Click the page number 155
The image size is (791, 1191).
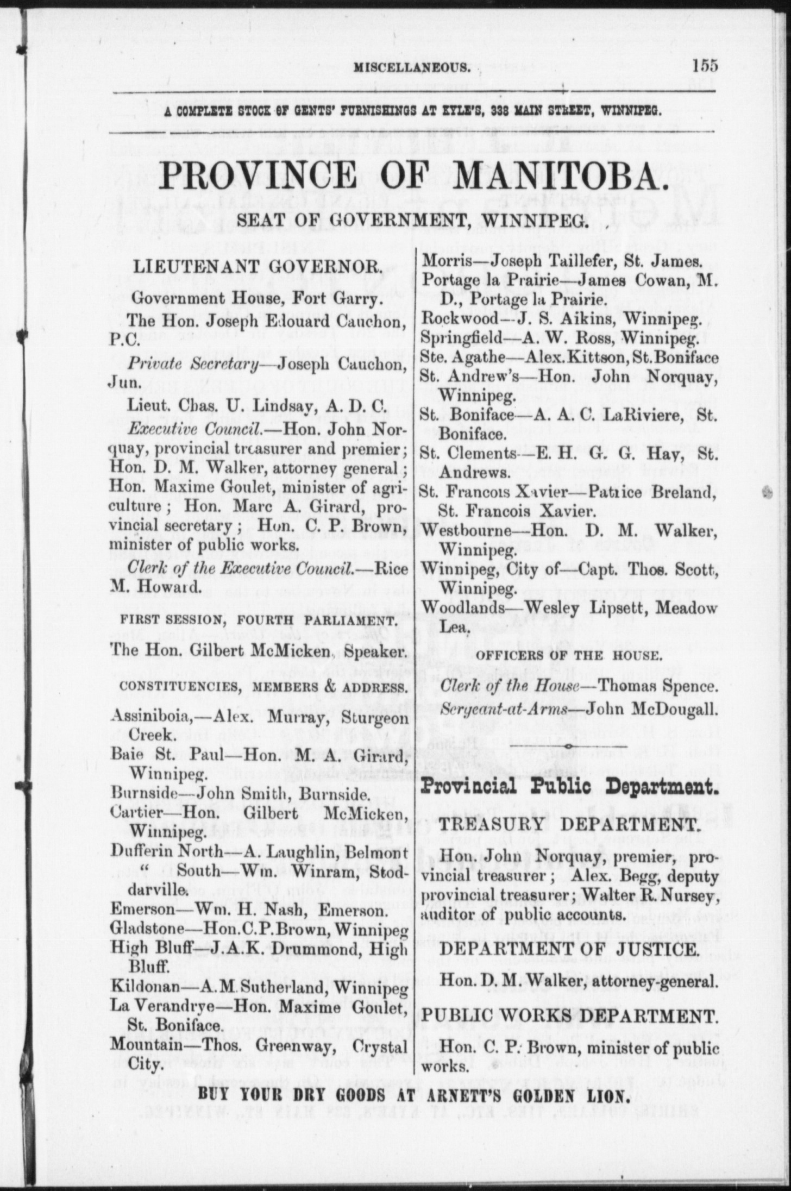(705, 66)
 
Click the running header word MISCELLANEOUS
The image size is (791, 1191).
(412, 67)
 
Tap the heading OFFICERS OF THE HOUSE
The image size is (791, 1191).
(567, 656)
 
